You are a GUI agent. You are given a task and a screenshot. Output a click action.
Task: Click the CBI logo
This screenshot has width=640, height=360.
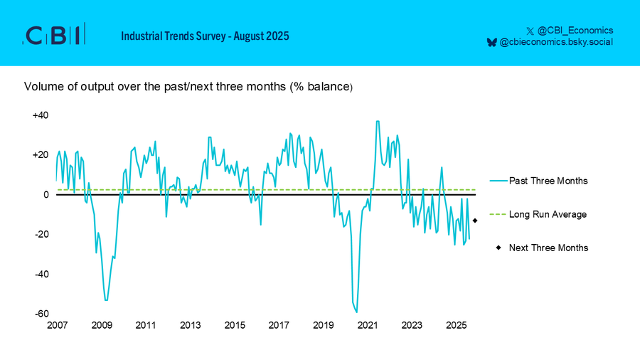[54, 34]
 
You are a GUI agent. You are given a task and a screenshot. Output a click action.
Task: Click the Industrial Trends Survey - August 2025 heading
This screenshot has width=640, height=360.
[205, 36]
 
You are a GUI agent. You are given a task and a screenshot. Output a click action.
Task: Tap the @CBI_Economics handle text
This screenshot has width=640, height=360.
[575, 30]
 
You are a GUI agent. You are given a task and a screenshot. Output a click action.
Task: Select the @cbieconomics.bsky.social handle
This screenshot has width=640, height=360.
[556, 42]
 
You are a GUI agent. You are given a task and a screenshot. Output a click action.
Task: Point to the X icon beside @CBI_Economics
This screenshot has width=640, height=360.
[530, 31]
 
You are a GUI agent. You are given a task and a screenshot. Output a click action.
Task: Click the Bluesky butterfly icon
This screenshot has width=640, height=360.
[492, 42]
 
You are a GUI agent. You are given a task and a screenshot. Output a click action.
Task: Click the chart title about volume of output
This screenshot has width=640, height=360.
[188, 87]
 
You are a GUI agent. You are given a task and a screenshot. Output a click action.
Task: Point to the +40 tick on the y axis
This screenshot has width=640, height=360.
[41, 115]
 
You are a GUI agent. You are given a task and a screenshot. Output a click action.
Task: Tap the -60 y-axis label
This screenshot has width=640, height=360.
[42, 314]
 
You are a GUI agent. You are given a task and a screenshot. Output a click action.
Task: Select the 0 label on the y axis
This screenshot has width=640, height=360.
[46, 195]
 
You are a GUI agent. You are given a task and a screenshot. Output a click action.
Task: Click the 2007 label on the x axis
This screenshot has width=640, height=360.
[57, 325]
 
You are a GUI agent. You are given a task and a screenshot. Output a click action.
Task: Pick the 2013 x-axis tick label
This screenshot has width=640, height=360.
[190, 325]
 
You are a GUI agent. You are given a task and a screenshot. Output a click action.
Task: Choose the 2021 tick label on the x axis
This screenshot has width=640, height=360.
[368, 325]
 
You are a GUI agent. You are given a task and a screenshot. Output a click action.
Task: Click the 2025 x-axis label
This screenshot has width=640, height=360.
[456, 325]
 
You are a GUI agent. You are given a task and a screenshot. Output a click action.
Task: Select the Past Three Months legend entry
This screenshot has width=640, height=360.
[539, 181]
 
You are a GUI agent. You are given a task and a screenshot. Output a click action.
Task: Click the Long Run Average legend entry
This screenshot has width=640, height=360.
[538, 214]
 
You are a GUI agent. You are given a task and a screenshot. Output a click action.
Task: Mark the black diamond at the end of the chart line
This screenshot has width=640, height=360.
[475, 221]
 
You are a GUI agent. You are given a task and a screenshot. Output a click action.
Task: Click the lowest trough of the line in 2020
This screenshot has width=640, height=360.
[357, 312]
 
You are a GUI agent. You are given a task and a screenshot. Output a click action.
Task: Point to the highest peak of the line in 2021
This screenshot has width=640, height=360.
[378, 121]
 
